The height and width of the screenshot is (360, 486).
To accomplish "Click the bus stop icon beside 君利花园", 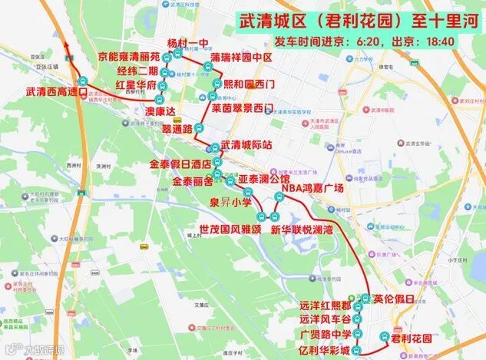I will [383, 336].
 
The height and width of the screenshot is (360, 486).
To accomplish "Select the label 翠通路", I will [177, 131].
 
